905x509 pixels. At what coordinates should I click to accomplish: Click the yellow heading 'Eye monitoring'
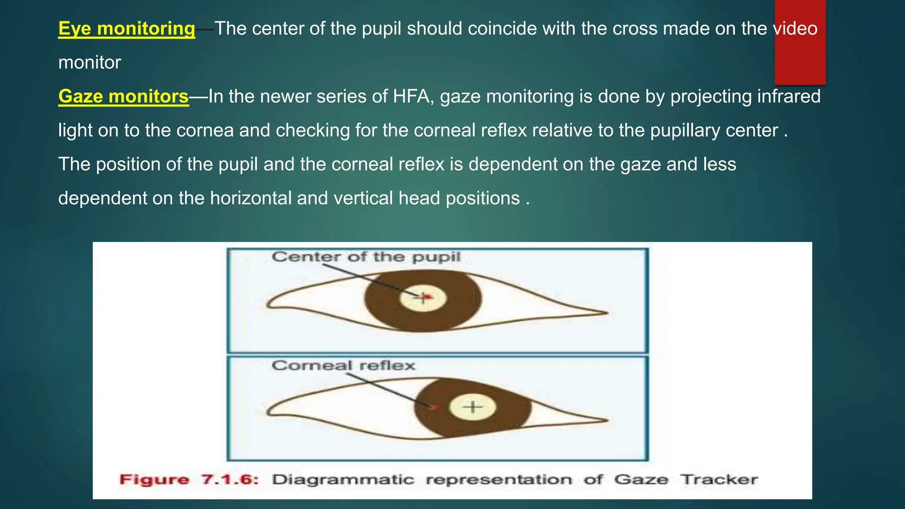coord(126,29)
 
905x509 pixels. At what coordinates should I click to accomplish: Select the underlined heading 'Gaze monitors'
coord(123,96)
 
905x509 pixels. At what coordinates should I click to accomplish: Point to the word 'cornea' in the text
coord(205,130)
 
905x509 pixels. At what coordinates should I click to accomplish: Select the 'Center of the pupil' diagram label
coord(366,257)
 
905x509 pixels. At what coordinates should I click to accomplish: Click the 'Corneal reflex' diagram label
coord(343,365)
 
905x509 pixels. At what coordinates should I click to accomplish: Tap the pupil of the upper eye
coord(423,298)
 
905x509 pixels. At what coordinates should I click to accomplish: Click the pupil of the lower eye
coord(472,406)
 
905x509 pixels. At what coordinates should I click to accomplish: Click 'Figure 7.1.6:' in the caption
coord(189,479)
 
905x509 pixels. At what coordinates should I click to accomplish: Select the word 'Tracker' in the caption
coord(719,479)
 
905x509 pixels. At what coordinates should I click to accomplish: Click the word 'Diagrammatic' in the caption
coord(343,479)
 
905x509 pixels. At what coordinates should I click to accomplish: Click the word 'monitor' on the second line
coord(90,63)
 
